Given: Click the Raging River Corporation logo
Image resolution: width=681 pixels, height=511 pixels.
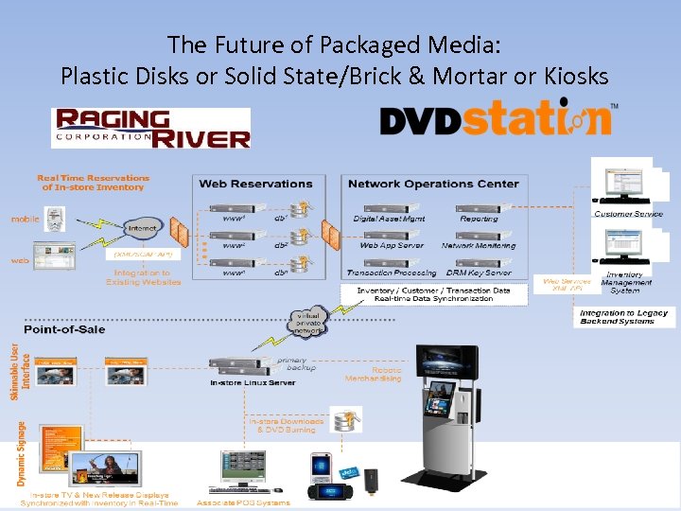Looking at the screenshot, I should [151, 128].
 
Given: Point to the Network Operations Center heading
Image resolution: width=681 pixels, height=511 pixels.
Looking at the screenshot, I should [433, 184].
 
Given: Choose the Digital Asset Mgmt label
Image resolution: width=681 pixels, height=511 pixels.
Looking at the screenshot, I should [390, 219].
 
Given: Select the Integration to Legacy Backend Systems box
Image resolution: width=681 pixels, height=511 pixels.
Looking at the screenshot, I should [623, 317].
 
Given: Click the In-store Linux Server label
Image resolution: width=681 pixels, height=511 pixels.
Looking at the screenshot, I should [253, 383].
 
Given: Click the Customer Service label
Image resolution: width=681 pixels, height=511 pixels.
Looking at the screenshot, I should [628, 214].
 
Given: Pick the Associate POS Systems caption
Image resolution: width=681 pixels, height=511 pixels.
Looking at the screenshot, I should [242, 502].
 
